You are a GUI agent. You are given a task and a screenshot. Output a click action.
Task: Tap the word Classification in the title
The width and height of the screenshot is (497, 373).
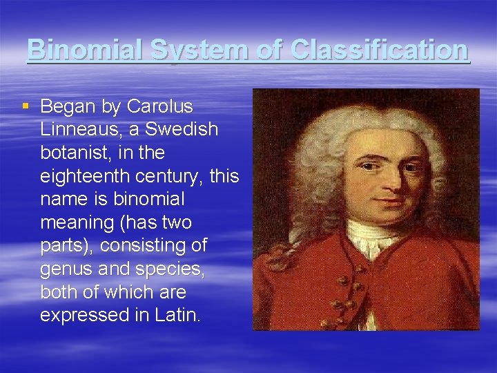380,50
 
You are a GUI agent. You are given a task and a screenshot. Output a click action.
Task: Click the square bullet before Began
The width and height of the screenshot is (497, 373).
26,106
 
